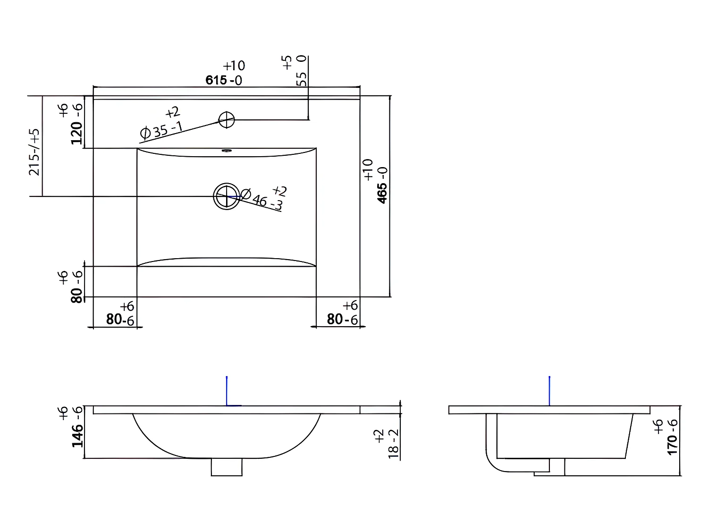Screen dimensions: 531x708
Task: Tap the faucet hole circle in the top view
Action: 227,119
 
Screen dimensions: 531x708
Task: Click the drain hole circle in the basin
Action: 227,196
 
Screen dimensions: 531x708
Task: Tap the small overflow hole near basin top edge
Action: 227,152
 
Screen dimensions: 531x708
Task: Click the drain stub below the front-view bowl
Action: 227,467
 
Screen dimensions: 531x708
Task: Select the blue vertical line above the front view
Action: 227,390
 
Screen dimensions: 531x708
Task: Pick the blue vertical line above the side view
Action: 549,390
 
